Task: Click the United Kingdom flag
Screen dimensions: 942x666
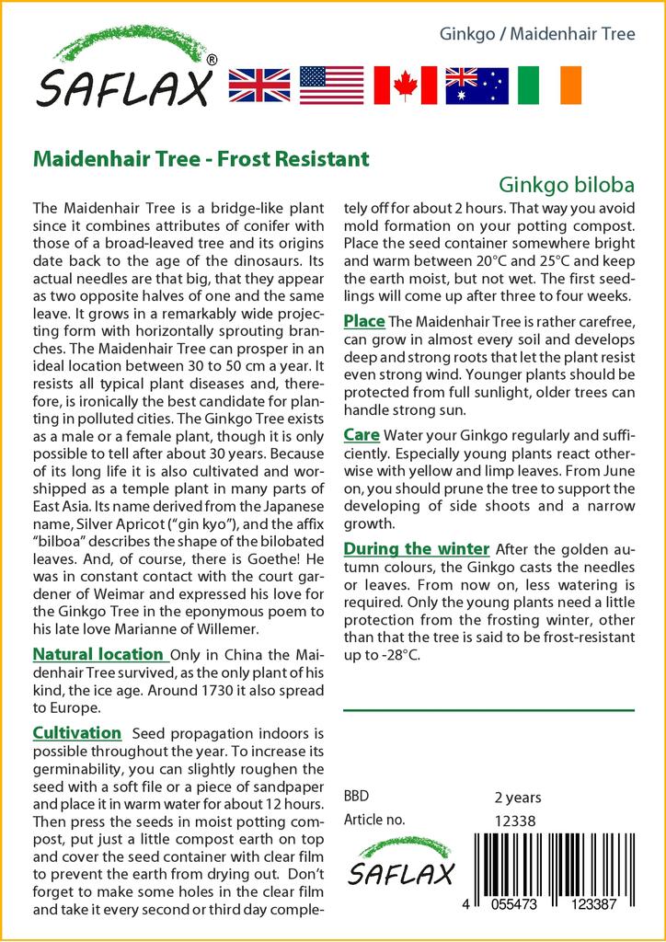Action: coord(259,85)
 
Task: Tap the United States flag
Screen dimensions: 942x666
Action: coord(331,85)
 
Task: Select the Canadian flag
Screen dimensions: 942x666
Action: coord(404,85)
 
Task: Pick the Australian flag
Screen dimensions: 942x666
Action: coord(477,85)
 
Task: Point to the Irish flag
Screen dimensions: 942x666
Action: coord(549,85)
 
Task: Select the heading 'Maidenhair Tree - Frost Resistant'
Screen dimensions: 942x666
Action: coord(201,158)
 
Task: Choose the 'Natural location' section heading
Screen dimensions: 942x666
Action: coord(98,654)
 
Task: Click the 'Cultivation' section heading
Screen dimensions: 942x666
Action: coord(77,733)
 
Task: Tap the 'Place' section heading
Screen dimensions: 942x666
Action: coord(363,321)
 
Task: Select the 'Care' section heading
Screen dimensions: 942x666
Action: coord(362,434)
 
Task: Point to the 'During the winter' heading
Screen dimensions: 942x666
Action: coord(416,549)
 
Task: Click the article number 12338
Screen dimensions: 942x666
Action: coord(515,821)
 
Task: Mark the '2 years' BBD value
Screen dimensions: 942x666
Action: coord(518,798)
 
